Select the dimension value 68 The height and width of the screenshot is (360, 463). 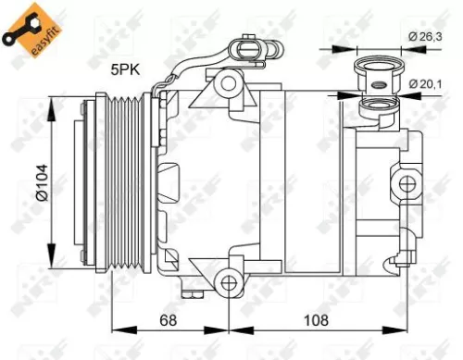coord(167,322)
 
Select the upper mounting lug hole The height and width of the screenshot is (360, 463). coord(226,84)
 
